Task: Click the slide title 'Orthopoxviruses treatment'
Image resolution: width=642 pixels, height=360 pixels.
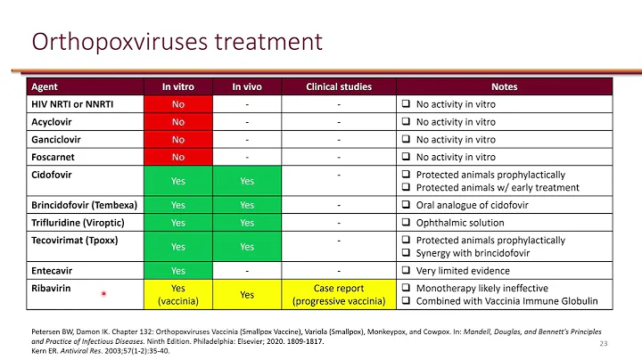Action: (x=177, y=42)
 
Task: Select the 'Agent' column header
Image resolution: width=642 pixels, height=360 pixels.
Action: (x=45, y=87)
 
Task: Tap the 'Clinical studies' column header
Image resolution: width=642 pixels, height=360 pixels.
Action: (x=339, y=87)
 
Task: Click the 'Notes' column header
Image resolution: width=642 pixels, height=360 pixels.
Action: (x=504, y=87)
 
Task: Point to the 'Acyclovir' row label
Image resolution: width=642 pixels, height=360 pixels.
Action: (x=53, y=121)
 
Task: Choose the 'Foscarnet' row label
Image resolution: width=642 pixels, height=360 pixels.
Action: (x=53, y=157)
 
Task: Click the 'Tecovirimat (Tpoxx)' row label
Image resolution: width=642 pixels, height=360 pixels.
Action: (x=75, y=241)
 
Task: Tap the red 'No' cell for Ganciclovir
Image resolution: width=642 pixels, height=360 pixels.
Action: (x=178, y=139)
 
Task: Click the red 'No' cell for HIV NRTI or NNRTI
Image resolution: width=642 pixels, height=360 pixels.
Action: (x=178, y=103)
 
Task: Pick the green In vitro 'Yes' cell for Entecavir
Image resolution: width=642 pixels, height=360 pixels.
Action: (x=178, y=271)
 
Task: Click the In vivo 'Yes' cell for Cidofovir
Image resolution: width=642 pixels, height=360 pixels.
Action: (x=247, y=181)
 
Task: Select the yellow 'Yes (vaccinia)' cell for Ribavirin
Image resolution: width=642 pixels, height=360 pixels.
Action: (x=178, y=294)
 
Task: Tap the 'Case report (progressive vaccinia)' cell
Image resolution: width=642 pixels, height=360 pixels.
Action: (x=339, y=294)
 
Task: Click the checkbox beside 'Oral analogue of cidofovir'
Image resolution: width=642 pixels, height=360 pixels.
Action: (x=405, y=204)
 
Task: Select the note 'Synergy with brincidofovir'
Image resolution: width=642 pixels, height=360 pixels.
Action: (x=477, y=253)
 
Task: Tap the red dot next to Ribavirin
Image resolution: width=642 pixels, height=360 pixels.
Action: (x=104, y=293)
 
